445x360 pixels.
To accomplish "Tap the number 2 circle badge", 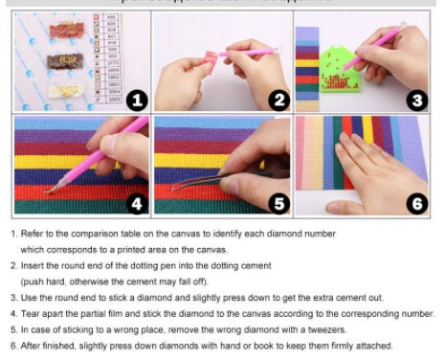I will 278,99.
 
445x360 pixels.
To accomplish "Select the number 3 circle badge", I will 417,100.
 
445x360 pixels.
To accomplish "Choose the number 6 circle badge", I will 417,204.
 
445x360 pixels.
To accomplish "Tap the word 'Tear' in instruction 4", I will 32,313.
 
